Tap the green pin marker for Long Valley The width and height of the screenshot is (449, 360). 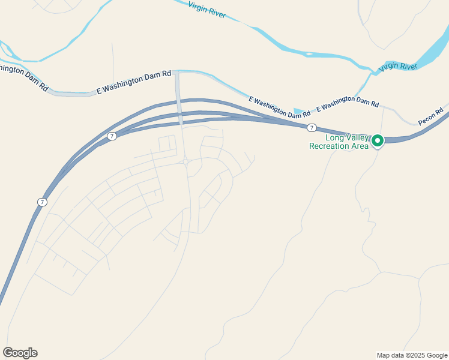coord(378,140)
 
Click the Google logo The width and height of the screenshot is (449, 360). coord(20,353)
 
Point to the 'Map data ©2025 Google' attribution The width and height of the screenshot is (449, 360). coord(412,355)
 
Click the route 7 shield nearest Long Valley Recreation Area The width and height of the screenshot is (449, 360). coord(312,128)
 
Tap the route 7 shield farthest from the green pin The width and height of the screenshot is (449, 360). coord(41,202)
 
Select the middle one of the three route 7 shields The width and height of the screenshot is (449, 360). coord(112,136)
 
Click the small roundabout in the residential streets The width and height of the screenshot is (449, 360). coord(187,161)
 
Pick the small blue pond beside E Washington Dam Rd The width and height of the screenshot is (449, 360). coord(298,112)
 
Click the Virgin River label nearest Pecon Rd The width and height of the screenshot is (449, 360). coord(399,66)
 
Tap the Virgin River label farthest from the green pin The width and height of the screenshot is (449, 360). coord(207,10)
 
